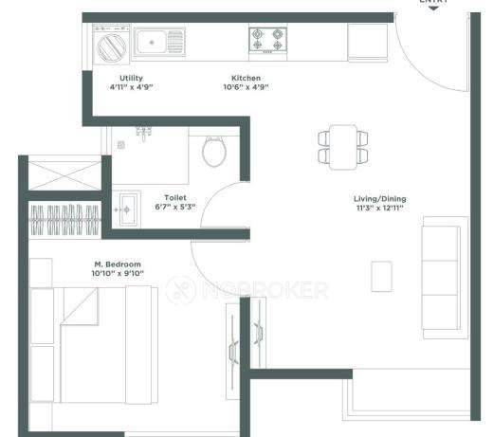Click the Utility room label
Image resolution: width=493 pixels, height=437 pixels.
(131, 78)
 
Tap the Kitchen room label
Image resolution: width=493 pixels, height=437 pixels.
(246, 78)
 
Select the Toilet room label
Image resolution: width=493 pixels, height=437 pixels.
(175, 198)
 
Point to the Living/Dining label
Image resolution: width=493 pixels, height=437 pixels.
(380, 198)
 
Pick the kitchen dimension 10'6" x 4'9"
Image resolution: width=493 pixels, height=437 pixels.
(246, 87)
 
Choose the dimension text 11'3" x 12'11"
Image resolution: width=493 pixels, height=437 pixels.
(380, 208)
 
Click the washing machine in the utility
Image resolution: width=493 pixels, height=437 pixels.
(109, 45)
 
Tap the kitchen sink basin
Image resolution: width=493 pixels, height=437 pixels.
(150, 42)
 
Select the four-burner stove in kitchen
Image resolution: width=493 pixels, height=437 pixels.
(267, 40)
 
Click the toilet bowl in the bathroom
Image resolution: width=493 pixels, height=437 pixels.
(214, 150)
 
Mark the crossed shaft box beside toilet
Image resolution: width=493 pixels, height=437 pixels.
(64, 175)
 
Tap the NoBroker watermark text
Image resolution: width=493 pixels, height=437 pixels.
(248, 290)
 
